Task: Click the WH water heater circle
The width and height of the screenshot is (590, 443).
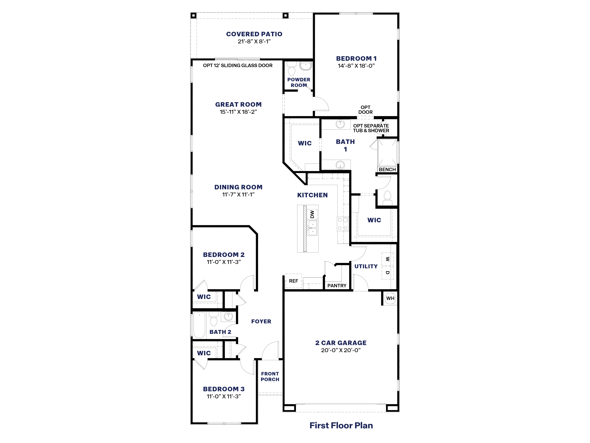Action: pyautogui.click(x=390, y=298)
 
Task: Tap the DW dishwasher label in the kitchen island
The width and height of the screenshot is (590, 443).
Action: pyautogui.click(x=312, y=214)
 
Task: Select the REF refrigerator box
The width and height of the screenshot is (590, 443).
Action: pyautogui.click(x=293, y=281)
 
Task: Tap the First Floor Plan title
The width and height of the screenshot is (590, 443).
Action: pyautogui.click(x=341, y=425)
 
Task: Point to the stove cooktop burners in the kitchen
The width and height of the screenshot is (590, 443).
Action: pyautogui.click(x=342, y=224)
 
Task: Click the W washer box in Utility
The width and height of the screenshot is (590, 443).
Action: pyautogui.click(x=387, y=259)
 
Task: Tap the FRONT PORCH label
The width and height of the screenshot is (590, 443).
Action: pyautogui.click(x=270, y=376)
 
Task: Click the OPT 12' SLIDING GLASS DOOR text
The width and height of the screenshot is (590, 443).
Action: pyautogui.click(x=238, y=65)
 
